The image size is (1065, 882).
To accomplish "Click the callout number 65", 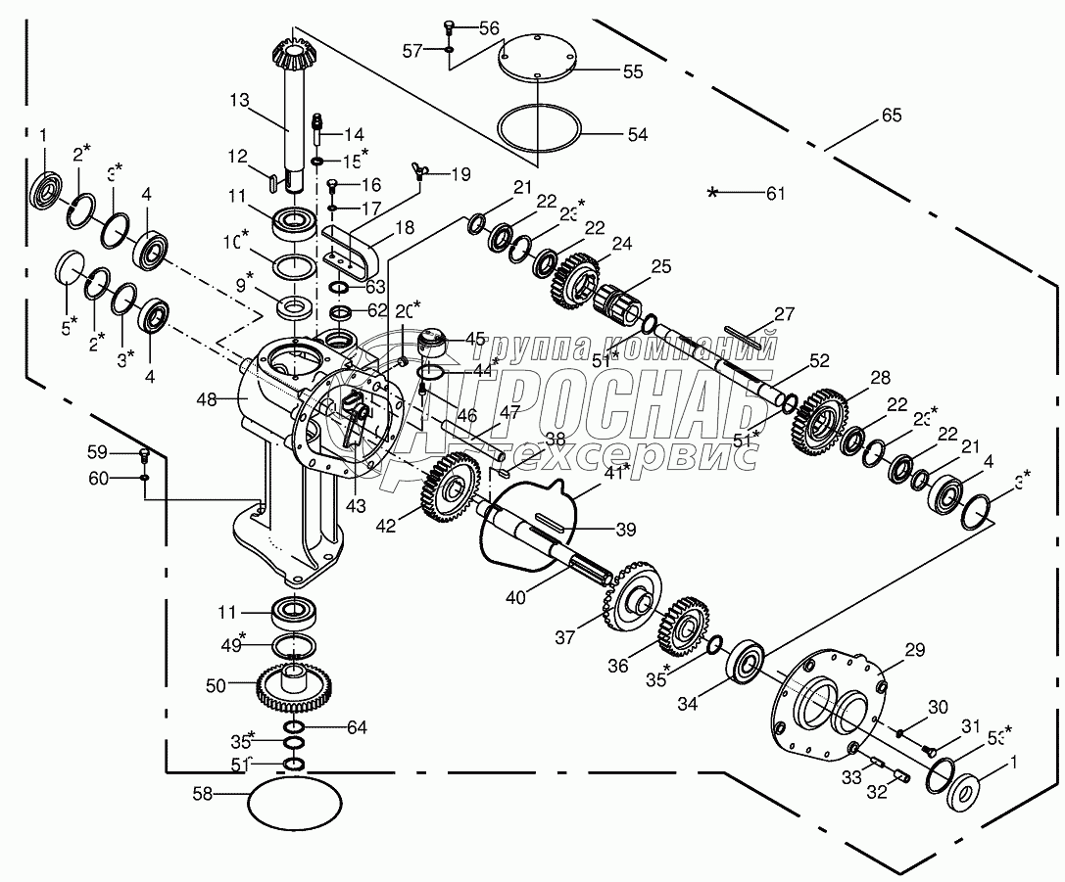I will tap(891, 116).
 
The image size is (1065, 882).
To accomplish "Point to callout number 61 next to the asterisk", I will tap(775, 194).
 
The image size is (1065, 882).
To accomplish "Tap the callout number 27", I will tap(784, 314).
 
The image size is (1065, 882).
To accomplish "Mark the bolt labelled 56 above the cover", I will tap(450, 26).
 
